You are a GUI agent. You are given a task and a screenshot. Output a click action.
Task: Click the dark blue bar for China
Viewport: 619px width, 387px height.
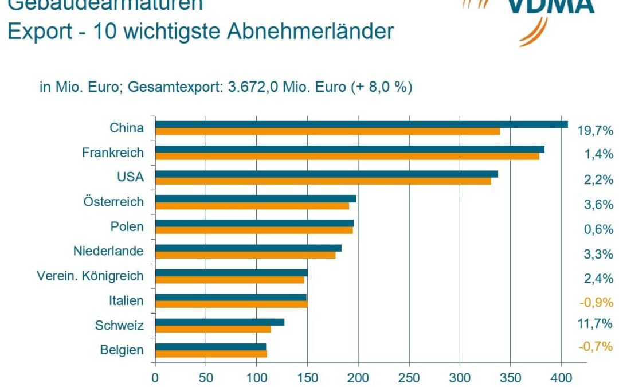pos(361,124)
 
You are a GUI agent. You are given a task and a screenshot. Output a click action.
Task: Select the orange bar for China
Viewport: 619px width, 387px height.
pos(327,131)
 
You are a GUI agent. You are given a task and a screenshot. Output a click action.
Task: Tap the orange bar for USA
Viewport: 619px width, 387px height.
pos(323,181)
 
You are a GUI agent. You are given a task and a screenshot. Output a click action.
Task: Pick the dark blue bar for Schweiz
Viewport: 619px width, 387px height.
pos(220,322)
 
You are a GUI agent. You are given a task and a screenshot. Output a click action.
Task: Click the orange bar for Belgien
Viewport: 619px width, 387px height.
pos(211,354)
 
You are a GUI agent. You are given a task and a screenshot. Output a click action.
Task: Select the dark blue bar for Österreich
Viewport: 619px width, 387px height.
pos(255,198)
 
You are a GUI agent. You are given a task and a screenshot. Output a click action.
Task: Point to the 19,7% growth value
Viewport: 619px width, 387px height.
pos(595,131)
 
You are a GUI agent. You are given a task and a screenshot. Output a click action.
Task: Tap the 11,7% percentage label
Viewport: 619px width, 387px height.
pos(595,323)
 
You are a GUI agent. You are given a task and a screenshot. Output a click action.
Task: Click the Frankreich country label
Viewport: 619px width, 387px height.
pos(112,153)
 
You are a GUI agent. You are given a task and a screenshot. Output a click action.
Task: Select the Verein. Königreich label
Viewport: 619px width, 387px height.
pos(90,276)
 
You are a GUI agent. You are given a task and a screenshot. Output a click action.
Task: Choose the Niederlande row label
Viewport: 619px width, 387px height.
pos(108,251)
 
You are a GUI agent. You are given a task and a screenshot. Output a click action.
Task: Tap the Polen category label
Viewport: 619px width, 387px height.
pos(127,226)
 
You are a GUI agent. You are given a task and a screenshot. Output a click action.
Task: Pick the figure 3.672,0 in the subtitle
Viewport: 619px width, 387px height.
pos(254,88)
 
